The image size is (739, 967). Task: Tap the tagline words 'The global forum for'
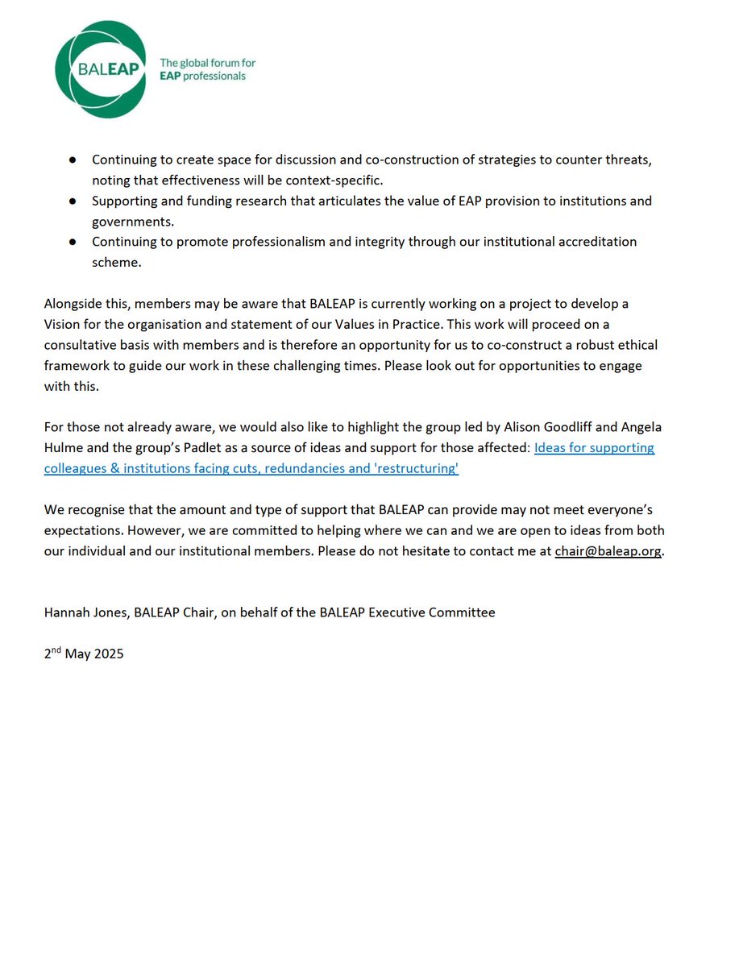(207, 62)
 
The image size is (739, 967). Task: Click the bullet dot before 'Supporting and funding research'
(73, 201)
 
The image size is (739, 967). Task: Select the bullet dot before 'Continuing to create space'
(73, 160)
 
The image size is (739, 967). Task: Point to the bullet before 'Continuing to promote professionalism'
(73, 242)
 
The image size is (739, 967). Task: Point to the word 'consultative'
(81, 345)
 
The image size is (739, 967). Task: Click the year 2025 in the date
(107, 654)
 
